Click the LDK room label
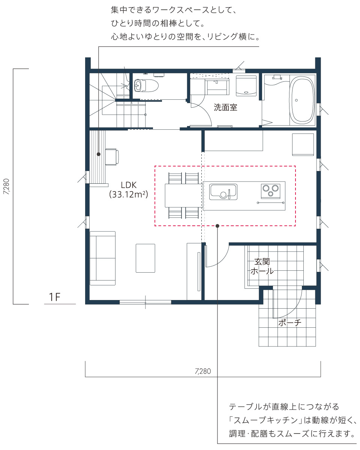[x=128, y=185]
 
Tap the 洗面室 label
[x=225, y=107]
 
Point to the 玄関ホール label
[x=262, y=266]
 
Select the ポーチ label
[x=289, y=322]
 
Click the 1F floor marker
[x=54, y=297]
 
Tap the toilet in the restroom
[x=146, y=85]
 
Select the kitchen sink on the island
[x=223, y=192]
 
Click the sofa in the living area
[x=102, y=258]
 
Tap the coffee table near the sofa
[x=145, y=258]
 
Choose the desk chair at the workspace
[x=112, y=157]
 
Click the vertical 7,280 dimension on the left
[x=6, y=186]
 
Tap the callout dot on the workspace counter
[x=99, y=154]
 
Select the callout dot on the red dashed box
[x=217, y=226]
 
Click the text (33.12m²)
[x=128, y=195]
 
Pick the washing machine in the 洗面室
[x=246, y=86]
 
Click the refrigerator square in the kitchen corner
[x=303, y=144]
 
